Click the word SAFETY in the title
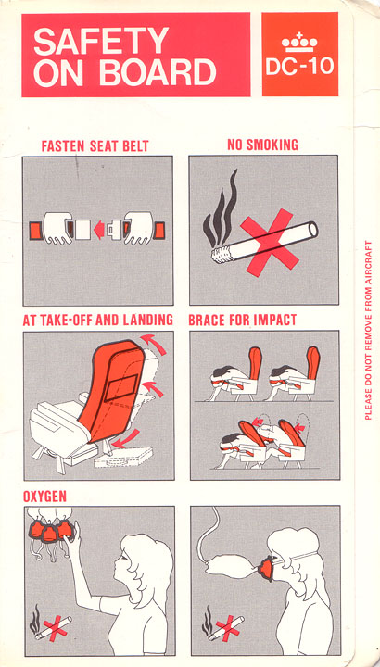tap(101, 41)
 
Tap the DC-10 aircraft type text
tap(299, 67)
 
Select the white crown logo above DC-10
tap(299, 41)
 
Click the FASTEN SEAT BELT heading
tap(95, 146)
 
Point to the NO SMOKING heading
tap(262, 145)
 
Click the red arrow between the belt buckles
tap(99, 230)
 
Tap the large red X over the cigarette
tap(270, 243)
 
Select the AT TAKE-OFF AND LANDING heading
tap(97, 320)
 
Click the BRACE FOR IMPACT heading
tap(243, 320)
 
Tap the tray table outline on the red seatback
tap(121, 387)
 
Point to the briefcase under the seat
tap(123, 457)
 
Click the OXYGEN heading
tap(44, 497)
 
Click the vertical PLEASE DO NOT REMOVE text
tap(369, 331)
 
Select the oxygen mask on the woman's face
tap(267, 569)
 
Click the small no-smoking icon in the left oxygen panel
tap(50, 624)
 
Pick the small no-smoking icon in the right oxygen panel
tap(223, 624)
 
